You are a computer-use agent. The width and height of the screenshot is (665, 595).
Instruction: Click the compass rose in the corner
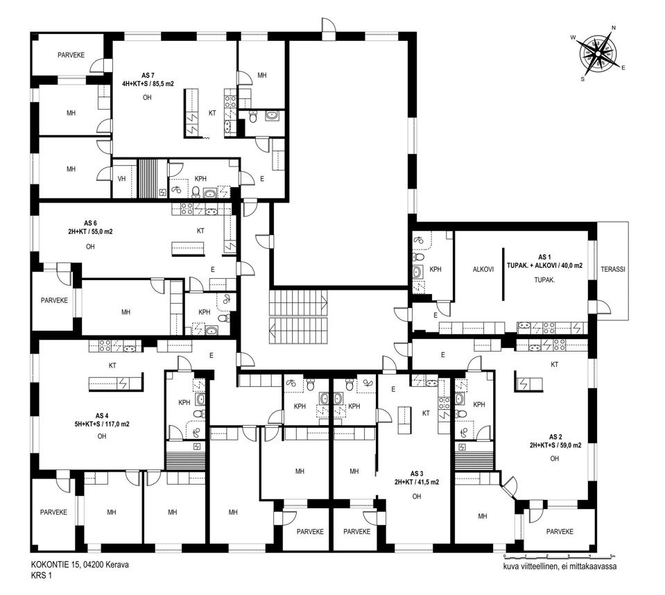(598, 53)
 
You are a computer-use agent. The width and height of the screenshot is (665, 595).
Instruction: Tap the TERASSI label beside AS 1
(613, 269)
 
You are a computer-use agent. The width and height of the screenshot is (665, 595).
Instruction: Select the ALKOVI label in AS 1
(483, 269)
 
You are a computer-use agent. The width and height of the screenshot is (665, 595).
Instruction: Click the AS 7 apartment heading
(148, 76)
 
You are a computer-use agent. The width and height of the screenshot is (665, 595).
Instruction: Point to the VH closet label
(122, 179)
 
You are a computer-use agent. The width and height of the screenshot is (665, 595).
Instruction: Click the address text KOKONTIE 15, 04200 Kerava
(80, 565)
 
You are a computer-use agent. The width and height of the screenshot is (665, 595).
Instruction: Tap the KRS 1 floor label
(41, 576)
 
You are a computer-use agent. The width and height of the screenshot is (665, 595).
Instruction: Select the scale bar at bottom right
(558, 555)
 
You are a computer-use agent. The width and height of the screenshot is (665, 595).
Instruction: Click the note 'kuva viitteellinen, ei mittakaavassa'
(560, 567)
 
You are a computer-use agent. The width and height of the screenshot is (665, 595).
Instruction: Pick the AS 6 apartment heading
(90, 223)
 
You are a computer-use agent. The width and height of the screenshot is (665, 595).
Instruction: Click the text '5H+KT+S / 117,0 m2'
(102, 424)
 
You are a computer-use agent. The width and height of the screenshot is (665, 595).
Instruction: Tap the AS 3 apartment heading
(417, 474)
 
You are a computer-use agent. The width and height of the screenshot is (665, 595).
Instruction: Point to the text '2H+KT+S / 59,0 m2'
(555, 445)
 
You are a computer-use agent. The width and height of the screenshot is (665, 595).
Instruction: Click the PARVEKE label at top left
(71, 55)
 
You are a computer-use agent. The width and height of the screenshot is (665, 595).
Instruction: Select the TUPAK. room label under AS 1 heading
(544, 280)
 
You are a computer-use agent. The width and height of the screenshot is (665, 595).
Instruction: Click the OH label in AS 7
(147, 98)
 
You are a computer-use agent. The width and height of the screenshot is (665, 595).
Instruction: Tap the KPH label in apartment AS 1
(435, 269)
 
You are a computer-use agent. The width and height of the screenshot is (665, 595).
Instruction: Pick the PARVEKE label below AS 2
(560, 531)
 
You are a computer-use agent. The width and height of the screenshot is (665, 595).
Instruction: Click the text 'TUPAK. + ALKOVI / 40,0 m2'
(544, 266)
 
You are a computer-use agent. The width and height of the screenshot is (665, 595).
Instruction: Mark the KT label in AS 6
(200, 231)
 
